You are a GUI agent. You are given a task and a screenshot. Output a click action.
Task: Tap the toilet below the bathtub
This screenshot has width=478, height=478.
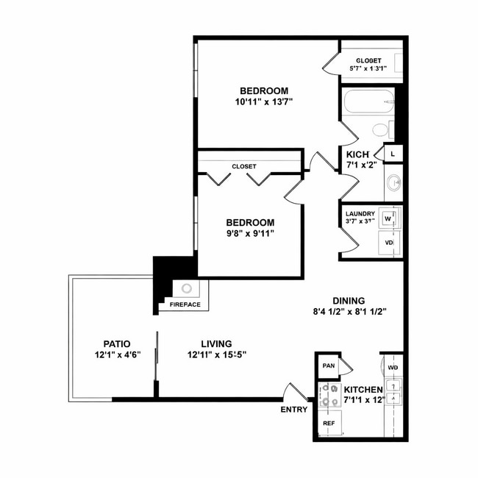(380, 131)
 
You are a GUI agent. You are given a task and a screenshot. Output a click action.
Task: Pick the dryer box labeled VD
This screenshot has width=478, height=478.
(389, 242)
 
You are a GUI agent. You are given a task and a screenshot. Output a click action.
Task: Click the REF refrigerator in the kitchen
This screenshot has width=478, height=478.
(329, 424)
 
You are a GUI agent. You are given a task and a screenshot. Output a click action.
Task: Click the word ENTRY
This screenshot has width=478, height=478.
(294, 410)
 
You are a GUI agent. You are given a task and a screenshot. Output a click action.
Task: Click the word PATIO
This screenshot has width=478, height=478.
(116, 343)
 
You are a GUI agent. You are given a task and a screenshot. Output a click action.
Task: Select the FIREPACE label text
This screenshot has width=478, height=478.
(185, 304)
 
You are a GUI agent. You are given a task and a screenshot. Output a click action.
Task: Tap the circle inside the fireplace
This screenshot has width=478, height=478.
(187, 288)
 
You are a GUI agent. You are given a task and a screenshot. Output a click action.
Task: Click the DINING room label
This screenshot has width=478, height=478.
(349, 300)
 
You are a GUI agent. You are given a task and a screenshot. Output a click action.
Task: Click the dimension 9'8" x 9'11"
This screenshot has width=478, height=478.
(250, 235)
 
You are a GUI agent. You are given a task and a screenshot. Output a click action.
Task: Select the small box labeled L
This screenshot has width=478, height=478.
(393, 154)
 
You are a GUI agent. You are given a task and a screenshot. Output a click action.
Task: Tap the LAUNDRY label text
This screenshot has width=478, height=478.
(360, 214)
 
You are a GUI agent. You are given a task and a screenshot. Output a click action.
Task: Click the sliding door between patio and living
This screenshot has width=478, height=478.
(156, 365)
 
